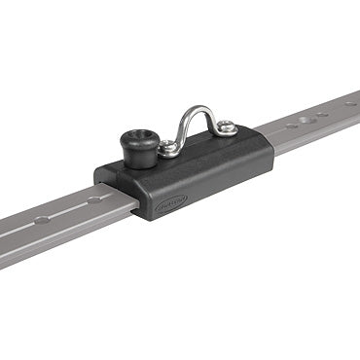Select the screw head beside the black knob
pos(168,149)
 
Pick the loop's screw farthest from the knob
pos(226,126)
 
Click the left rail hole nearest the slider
pos(95,198)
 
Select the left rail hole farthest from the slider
pos(40,220)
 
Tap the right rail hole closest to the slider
pos(277,126)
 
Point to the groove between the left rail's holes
pos(68,208)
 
